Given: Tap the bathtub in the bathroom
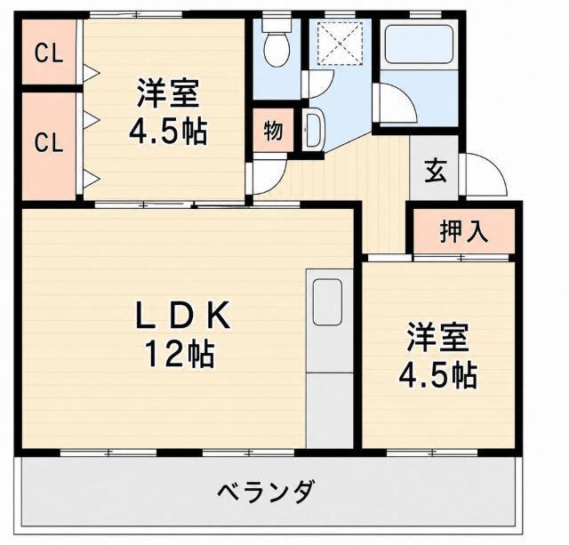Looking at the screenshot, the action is (419, 44).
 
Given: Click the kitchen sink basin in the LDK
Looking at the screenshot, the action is (327, 302).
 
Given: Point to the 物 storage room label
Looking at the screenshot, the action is (273, 131).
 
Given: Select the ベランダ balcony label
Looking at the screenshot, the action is (265, 492).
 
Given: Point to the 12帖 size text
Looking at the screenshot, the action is (180, 354).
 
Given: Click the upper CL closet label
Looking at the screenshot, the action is (49, 54).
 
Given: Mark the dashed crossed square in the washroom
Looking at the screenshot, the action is (340, 44).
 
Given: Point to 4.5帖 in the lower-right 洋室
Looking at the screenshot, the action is (437, 374).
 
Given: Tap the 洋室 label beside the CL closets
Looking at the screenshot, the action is (168, 93).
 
